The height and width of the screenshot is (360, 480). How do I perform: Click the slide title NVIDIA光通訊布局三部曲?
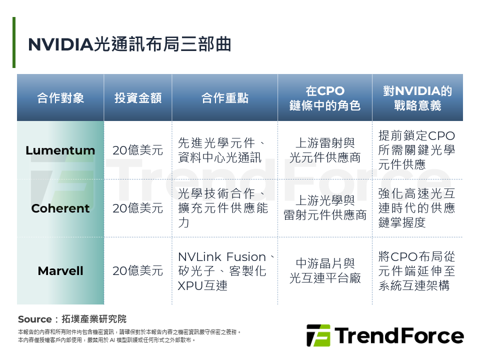point(129,44)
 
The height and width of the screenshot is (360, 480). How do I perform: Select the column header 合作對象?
point(60,98)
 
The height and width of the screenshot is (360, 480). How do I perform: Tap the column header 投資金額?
point(138,98)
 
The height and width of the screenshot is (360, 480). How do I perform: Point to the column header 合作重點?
point(224,98)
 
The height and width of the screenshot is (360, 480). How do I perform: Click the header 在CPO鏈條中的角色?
point(325,98)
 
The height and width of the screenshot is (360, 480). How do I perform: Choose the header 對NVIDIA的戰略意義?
point(417,98)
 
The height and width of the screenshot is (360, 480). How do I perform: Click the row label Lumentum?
point(60,150)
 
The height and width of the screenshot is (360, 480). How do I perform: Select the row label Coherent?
point(60,208)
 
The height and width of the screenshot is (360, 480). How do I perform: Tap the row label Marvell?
point(60,271)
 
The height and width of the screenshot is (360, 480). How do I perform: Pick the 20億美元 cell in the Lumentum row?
point(138,150)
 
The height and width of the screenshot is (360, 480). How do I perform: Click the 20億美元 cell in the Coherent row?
point(138,208)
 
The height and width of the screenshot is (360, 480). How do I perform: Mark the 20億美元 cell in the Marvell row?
point(138,271)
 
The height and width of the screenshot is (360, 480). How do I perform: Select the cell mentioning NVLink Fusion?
point(225,271)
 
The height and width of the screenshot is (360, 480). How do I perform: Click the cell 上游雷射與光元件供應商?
point(325,150)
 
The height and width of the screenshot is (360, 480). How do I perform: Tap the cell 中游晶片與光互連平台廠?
point(325,271)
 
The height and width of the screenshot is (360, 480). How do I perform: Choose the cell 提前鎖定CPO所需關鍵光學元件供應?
point(417,150)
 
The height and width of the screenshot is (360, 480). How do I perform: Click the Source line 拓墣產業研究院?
point(72,319)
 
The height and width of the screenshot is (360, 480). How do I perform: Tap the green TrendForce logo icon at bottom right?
point(318,335)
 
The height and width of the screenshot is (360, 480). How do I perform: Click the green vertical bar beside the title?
point(14,42)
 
